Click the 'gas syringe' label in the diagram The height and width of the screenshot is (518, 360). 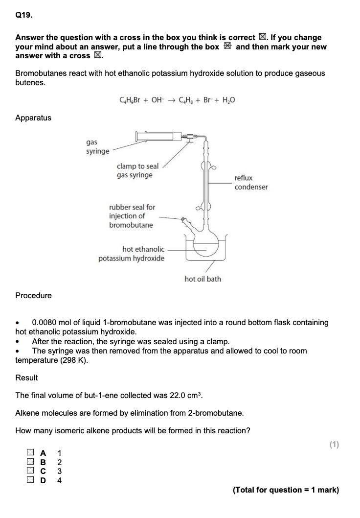[97, 147]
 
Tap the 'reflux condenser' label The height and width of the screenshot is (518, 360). [251, 183]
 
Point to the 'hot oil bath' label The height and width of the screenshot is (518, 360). [202, 279]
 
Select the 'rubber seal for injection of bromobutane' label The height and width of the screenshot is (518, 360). [132, 216]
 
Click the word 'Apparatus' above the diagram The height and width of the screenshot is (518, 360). [33, 118]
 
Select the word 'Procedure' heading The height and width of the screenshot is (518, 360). [33, 295]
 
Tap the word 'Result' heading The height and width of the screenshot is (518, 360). [26, 377]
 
